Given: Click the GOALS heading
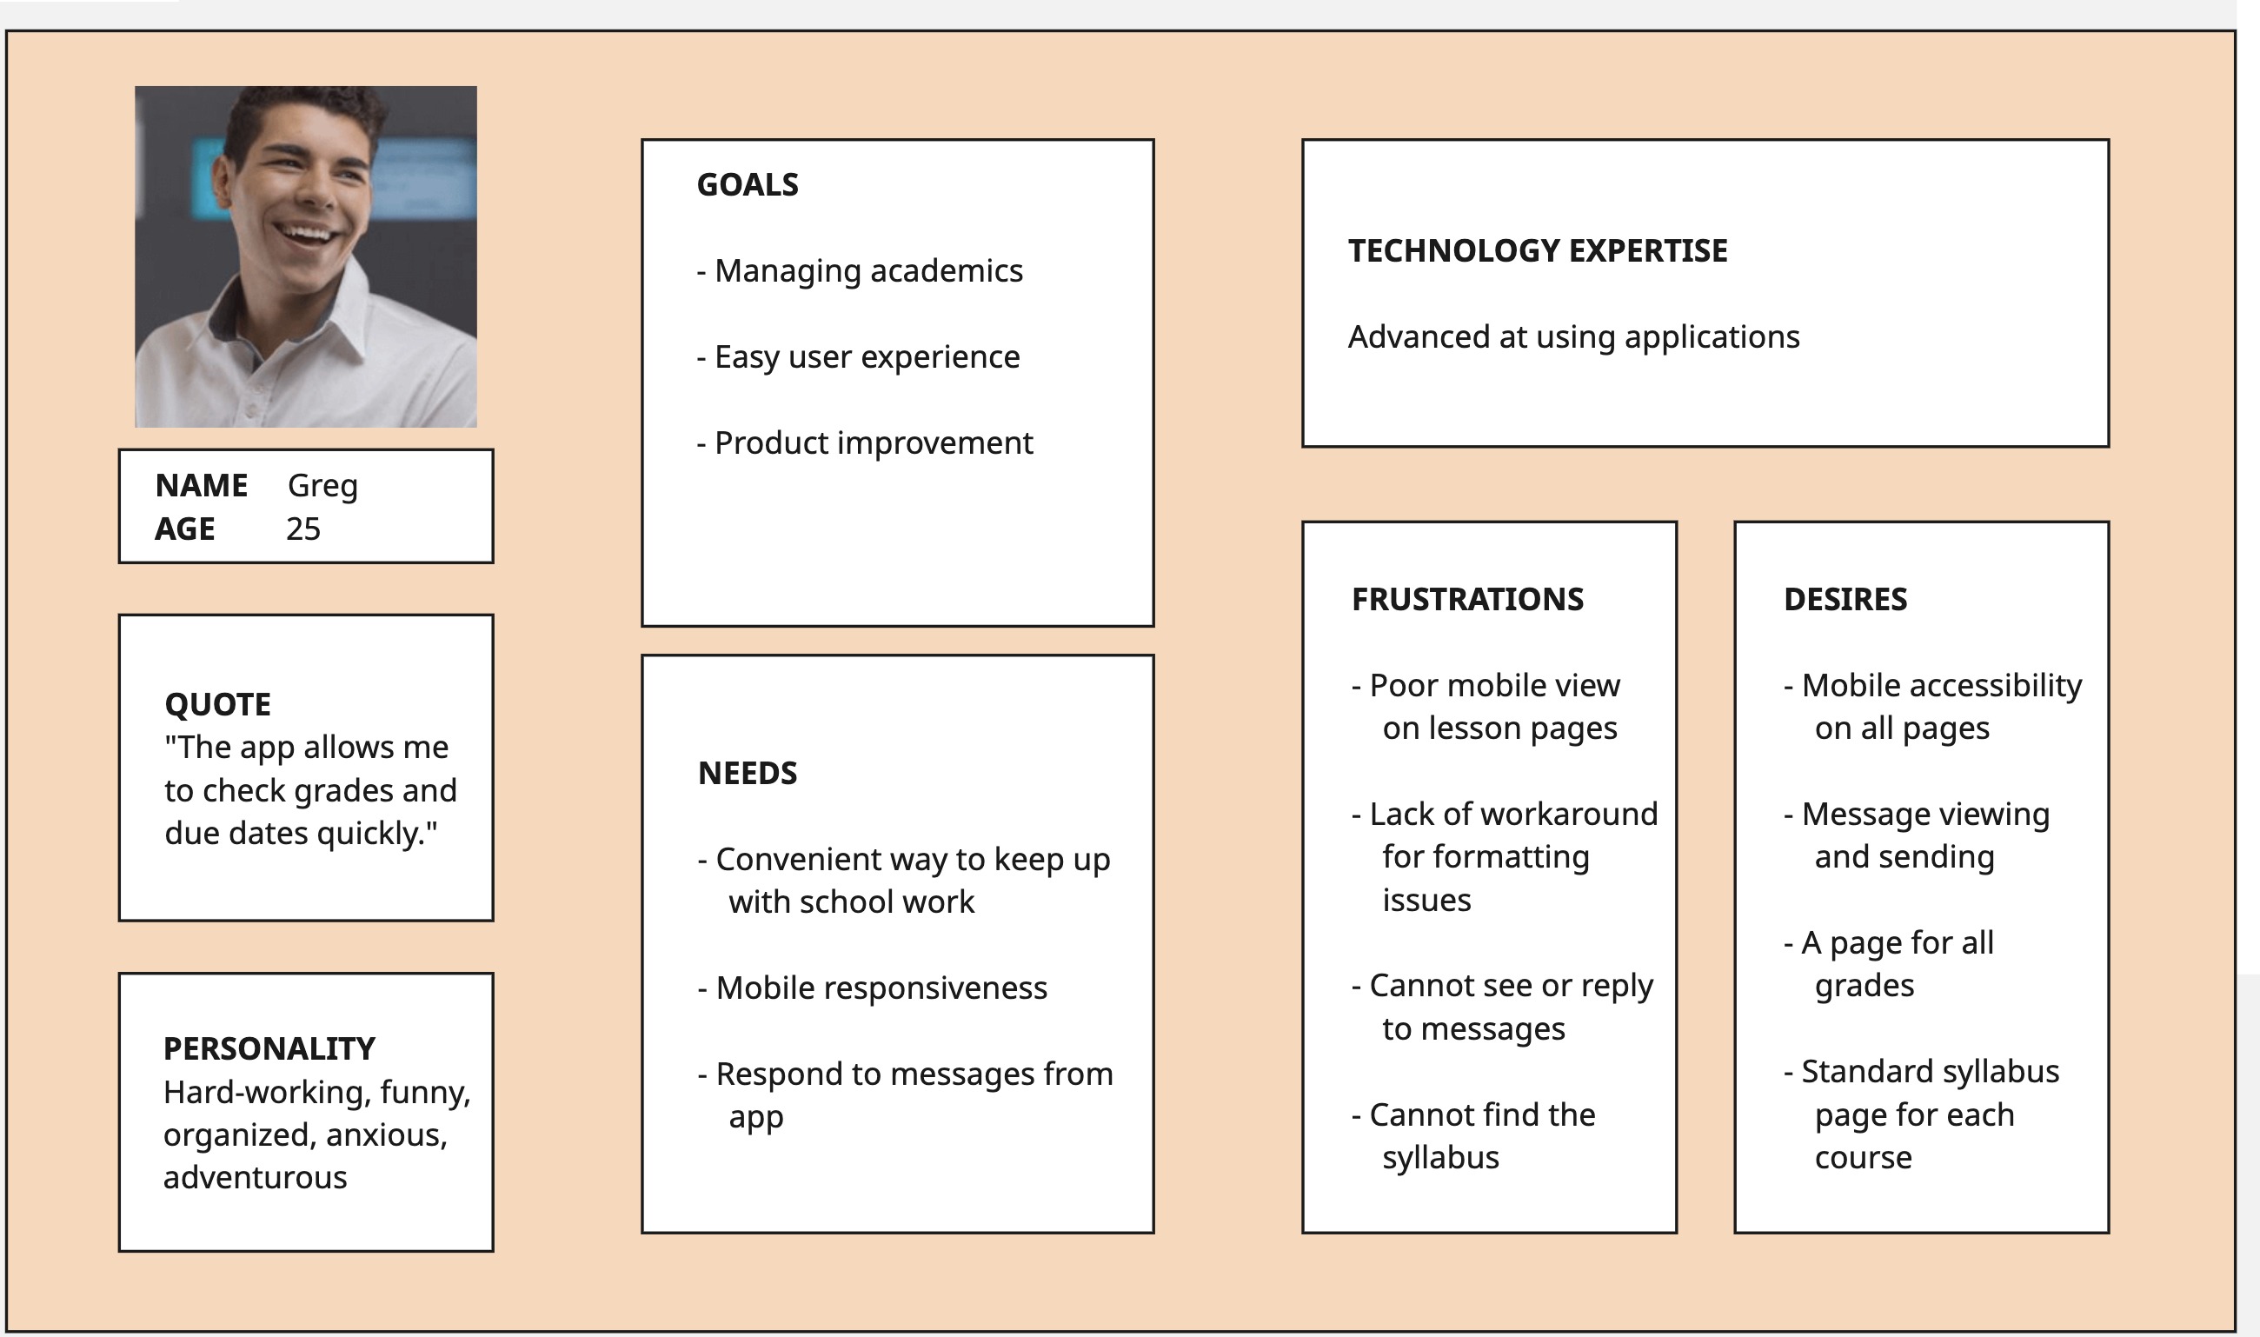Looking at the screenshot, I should click(747, 184).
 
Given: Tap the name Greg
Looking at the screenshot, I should click(322, 487).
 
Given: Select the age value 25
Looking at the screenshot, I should click(302, 529).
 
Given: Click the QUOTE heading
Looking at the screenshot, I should click(217, 704).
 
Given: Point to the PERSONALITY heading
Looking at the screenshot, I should click(269, 1048).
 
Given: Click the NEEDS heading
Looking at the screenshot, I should click(747, 773).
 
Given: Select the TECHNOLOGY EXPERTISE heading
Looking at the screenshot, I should click(1537, 250).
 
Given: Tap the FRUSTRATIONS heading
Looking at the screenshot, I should click(1466, 599).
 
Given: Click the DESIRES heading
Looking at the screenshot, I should click(1845, 599).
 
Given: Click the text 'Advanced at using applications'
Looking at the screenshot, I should click(1572, 337).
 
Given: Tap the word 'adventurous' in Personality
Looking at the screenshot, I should click(255, 1178).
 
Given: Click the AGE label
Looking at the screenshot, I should click(184, 529).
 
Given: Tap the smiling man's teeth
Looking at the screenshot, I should click(306, 235).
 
